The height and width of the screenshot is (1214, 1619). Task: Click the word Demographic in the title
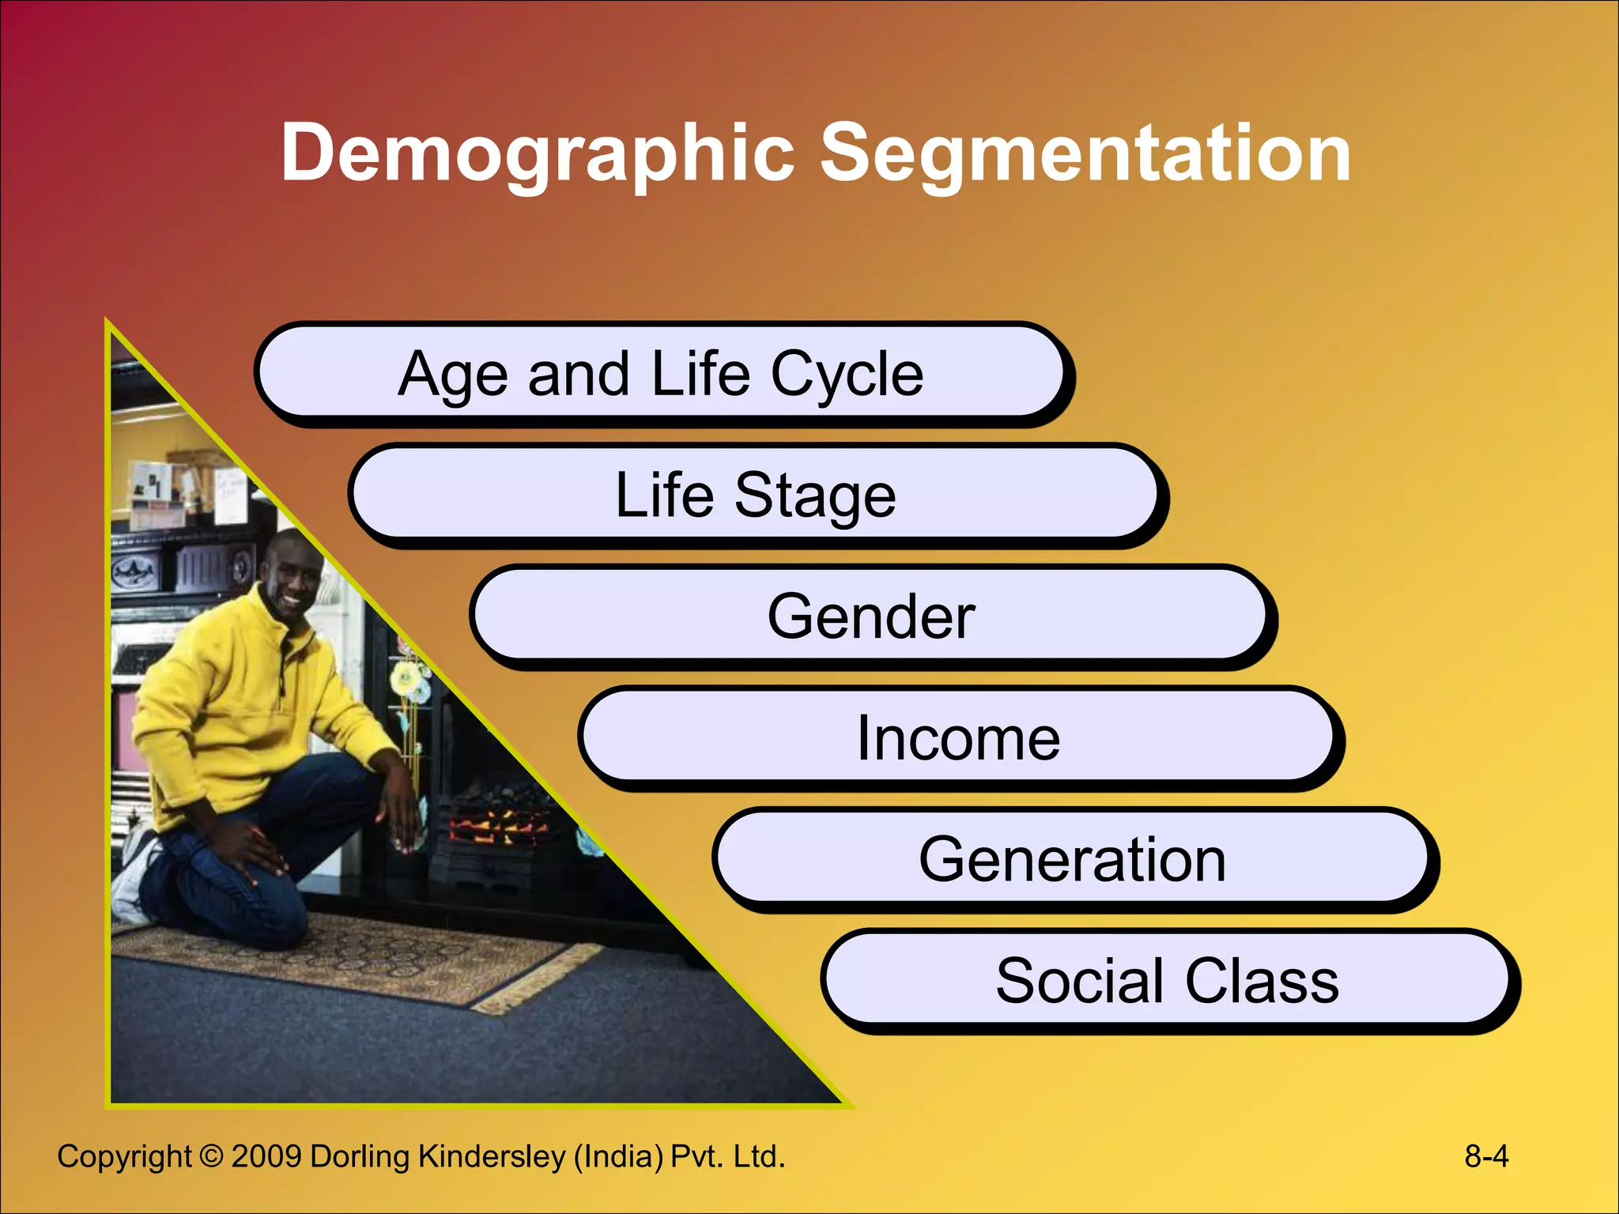[x=538, y=154]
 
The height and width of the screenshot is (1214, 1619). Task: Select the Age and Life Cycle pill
[x=661, y=373]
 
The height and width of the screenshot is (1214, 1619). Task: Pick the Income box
[x=958, y=738]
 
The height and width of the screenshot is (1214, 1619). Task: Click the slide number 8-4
[x=1485, y=1156]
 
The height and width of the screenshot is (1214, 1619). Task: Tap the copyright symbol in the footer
[x=211, y=1156]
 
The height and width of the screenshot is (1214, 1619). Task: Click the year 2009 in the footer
[x=266, y=1156]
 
